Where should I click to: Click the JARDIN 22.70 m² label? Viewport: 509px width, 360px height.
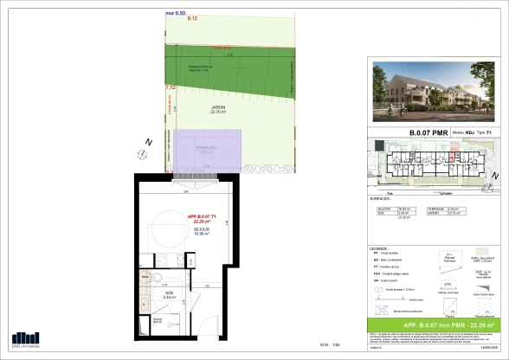pyautogui.click(x=204, y=109)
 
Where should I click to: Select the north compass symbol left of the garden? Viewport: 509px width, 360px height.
pyautogui.click(x=142, y=152)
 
